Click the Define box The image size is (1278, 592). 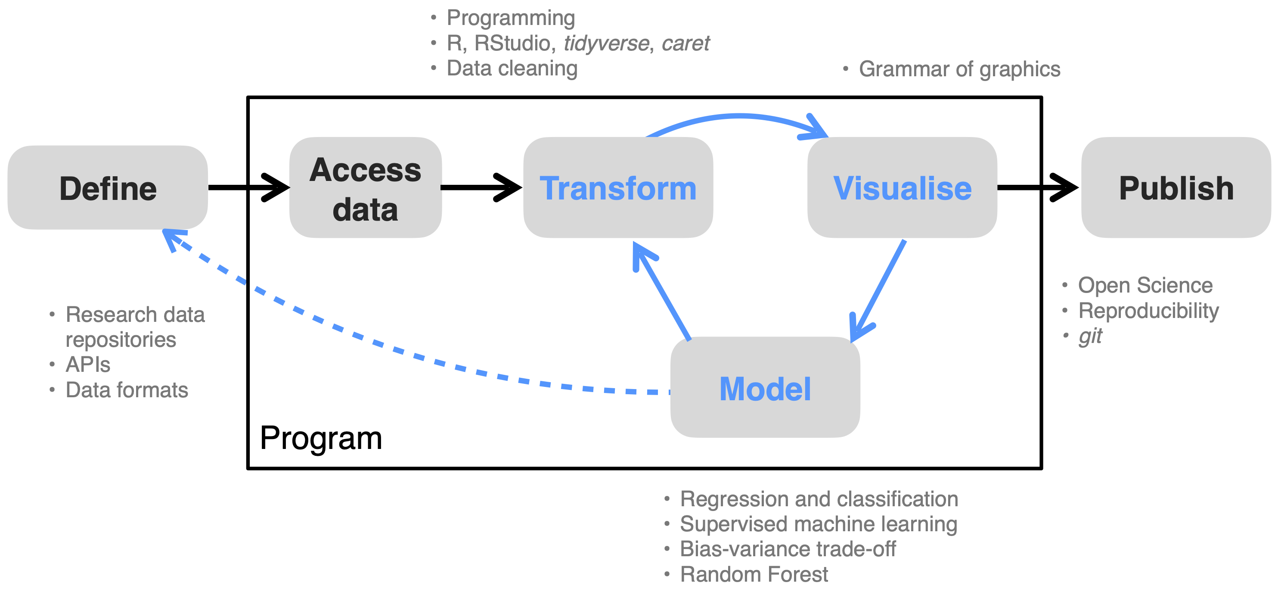coord(108,187)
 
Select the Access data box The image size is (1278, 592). coord(365,187)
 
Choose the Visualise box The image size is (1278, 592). coord(902,187)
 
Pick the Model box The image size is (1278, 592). coord(765,387)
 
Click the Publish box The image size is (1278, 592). coord(1176,187)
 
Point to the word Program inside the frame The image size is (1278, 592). coord(320,438)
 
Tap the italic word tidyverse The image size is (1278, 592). coord(606,43)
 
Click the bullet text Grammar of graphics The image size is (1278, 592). coord(959,69)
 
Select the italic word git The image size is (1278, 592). coord(1089,336)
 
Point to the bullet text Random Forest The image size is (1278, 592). coord(753,574)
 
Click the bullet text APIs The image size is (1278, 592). coord(88,365)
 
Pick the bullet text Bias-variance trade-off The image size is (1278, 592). coord(787,549)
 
